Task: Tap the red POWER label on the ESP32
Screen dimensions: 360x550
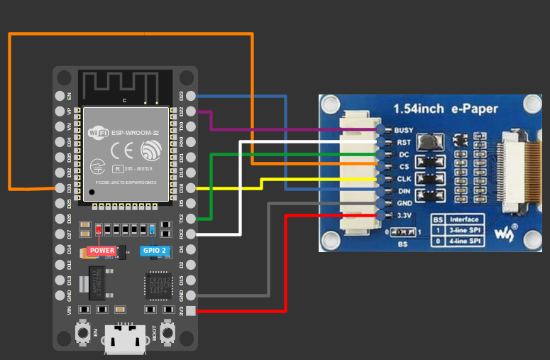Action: tap(101, 251)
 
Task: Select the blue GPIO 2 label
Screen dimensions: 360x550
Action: tap(154, 251)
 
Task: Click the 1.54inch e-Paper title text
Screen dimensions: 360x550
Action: tap(446, 109)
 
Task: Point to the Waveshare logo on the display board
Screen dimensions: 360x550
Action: tap(505, 234)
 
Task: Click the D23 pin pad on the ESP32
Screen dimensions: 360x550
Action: tap(189, 96)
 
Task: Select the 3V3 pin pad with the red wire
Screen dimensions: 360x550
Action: tap(189, 310)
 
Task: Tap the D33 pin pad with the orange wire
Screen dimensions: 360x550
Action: tap(60, 188)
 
